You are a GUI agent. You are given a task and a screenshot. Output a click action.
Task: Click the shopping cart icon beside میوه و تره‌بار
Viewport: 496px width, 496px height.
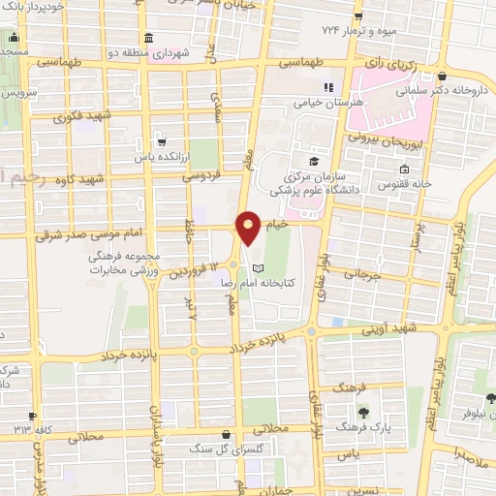click(x=359, y=16)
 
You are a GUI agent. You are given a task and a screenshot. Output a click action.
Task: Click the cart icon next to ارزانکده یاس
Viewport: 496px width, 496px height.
click(x=162, y=141)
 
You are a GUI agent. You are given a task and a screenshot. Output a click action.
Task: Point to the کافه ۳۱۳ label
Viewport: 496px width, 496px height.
click(x=22, y=428)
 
